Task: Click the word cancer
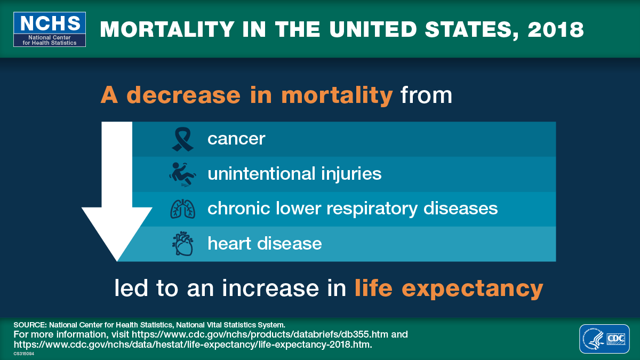[236, 139]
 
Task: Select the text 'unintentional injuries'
[294, 174]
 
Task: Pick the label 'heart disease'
[265, 244]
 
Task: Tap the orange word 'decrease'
[184, 95]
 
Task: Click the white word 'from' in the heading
[426, 95]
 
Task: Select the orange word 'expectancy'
[473, 289]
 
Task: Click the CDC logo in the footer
[604, 339]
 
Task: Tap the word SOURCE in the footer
[29, 324]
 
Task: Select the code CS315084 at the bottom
[24, 353]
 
